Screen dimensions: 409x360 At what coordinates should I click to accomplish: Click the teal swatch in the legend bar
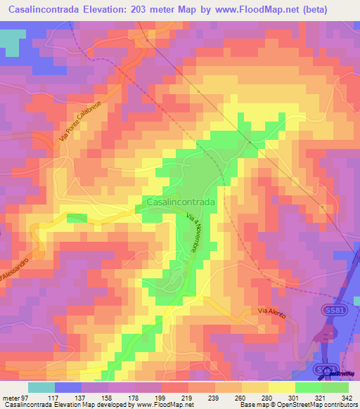click(x=41, y=387)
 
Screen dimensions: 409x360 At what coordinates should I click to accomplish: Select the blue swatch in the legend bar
click(x=67, y=387)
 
